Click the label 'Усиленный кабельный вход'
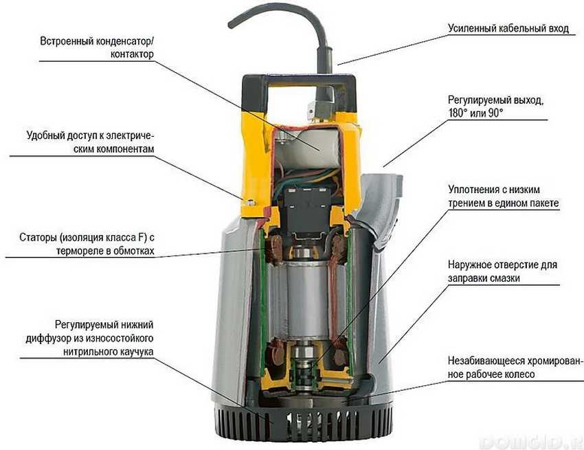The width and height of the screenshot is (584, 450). (x=508, y=28)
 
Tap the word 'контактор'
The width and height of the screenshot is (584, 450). (x=132, y=54)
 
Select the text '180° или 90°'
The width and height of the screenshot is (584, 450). (x=475, y=113)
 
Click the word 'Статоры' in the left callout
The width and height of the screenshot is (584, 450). (x=37, y=237)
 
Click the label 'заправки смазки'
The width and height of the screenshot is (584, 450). (x=484, y=278)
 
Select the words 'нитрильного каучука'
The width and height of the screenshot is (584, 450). (x=109, y=352)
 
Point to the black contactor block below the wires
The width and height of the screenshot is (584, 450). (x=306, y=209)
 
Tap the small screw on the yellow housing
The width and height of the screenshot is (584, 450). (x=251, y=202)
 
